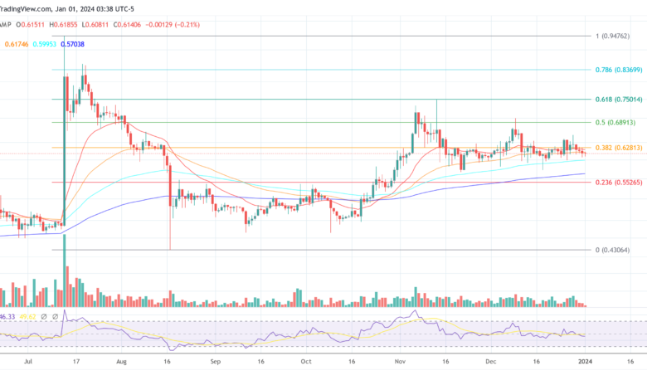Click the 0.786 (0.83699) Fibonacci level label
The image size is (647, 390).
[x=618, y=70]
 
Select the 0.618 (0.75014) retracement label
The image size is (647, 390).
[x=618, y=99]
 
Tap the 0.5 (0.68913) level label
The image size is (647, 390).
[x=615, y=122]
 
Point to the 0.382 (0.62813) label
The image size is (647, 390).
[x=618, y=148]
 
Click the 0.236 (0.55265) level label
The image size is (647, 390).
[x=618, y=183]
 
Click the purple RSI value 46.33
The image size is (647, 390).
[x=8, y=316]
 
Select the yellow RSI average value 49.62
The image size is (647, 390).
[x=30, y=316]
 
